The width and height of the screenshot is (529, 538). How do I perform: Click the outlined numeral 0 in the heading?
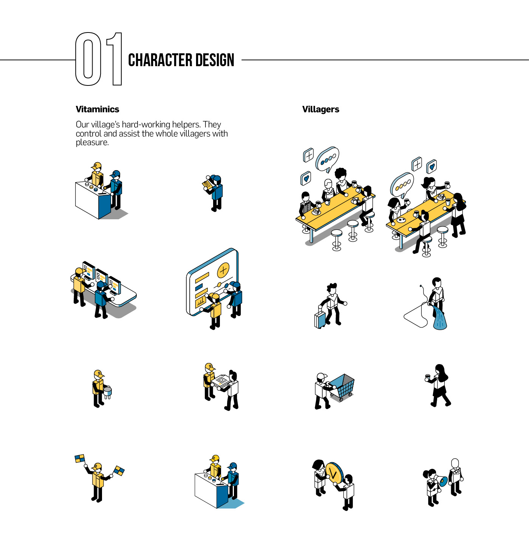click(x=88, y=59)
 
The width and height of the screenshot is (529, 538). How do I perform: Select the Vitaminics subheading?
click(x=97, y=109)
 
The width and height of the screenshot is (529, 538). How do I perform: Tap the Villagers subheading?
click(x=320, y=109)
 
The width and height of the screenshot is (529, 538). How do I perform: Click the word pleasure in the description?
click(x=92, y=143)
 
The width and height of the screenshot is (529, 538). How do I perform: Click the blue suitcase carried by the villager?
click(x=320, y=319)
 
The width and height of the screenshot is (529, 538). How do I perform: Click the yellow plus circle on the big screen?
click(x=223, y=270)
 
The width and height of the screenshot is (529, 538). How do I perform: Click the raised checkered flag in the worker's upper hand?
click(x=80, y=459)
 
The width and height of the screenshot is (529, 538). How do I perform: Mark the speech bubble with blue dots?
click(x=327, y=159)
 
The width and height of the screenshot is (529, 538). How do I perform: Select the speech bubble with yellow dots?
click(x=402, y=185)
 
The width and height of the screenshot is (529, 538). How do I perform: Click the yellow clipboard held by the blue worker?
click(x=207, y=185)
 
